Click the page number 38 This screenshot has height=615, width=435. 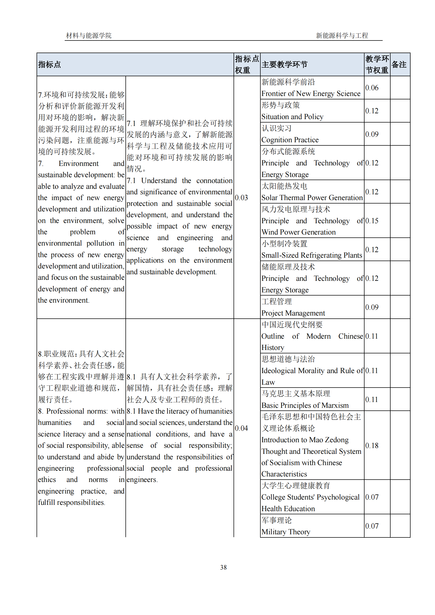(223, 567)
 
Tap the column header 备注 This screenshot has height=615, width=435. (399, 65)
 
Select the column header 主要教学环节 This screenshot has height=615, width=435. (284, 65)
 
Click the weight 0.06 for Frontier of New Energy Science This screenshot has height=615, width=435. (372, 88)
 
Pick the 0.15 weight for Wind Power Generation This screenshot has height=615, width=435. (372, 221)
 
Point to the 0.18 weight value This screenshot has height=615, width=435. (372, 445)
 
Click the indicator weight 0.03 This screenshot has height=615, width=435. (241, 198)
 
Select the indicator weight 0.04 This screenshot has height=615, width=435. (241, 428)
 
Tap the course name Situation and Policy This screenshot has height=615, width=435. (292, 117)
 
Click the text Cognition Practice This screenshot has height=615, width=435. (290, 140)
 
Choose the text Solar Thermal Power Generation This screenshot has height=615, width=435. (312, 198)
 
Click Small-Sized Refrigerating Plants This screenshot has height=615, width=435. (311, 255)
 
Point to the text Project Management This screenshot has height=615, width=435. (293, 313)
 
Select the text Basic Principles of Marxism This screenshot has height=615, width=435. (305, 405)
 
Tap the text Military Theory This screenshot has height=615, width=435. (286, 532)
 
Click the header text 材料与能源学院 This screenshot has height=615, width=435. (89, 35)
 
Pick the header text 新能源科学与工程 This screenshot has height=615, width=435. (342, 35)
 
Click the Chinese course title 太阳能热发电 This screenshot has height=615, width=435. (284, 186)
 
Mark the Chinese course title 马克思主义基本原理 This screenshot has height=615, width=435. (296, 394)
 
